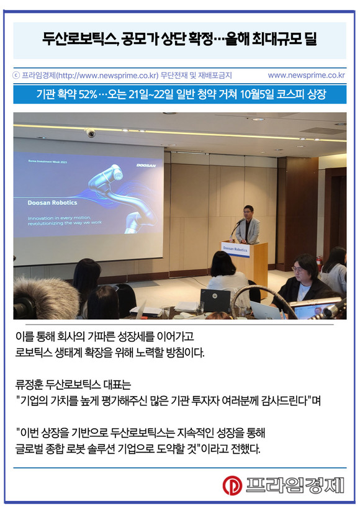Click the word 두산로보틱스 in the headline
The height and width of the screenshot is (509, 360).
point(80,39)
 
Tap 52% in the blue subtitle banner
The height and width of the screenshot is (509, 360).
point(88,94)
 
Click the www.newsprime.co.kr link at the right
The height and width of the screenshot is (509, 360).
point(306,75)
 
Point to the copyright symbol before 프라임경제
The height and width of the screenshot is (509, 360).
point(17,76)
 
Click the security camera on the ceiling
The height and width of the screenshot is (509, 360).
point(90,132)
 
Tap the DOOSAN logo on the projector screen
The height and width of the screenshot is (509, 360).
point(146,166)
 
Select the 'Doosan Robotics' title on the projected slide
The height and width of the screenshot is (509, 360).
point(52,202)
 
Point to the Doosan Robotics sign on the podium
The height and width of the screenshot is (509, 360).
point(235,250)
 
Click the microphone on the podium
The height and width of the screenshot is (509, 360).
point(236,227)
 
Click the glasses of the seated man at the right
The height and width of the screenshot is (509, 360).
point(297,269)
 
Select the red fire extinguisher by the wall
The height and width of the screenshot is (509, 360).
point(319,263)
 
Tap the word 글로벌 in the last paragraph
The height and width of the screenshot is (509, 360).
point(29,449)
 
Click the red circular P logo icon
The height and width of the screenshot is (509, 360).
point(232,485)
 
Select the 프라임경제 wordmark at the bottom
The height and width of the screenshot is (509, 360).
point(294,485)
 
